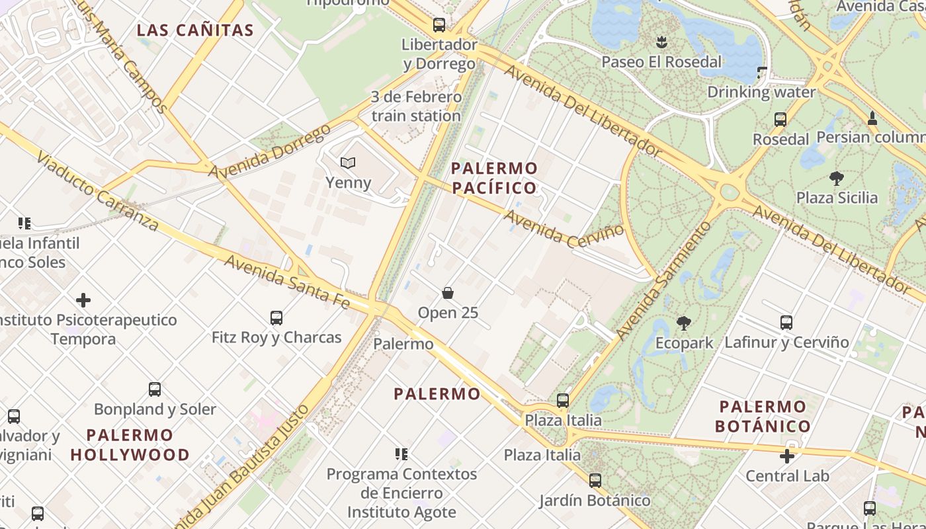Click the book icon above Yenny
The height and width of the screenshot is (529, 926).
(x=348, y=163)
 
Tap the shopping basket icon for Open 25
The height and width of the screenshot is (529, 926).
(x=448, y=293)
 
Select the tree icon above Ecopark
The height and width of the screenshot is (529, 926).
(x=684, y=323)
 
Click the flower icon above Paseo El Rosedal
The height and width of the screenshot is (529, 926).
(x=661, y=43)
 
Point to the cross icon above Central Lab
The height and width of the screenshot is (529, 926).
(x=786, y=456)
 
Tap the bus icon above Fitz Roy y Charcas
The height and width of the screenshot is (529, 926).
(x=276, y=318)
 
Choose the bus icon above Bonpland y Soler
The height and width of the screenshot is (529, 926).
(x=155, y=389)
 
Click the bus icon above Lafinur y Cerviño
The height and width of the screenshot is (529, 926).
(x=786, y=323)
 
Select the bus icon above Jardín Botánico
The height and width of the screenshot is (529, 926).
(x=595, y=481)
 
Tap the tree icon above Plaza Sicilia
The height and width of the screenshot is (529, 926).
(x=837, y=178)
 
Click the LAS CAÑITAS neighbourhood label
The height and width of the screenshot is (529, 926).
(x=195, y=30)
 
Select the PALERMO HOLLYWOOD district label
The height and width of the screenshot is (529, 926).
(x=130, y=445)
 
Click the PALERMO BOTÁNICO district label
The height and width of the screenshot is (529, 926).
(x=763, y=416)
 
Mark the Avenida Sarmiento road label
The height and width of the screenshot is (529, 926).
(x=663, y=281)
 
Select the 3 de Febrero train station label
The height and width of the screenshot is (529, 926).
(x=416, y=106)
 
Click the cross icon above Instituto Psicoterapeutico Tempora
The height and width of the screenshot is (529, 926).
(x=83, y=301)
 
